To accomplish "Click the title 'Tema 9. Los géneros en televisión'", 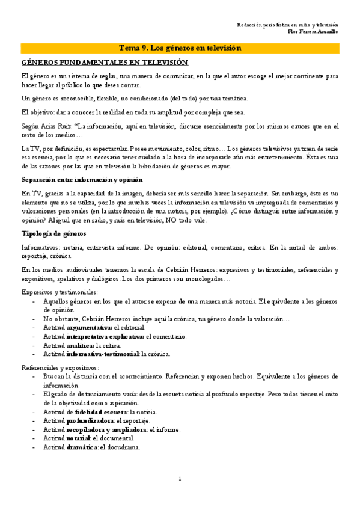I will pyautogui.click(x=180, y=48).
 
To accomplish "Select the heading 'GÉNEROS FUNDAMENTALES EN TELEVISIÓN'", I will pyautogui.click(x=105, y=63).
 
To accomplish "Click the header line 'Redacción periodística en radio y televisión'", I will pyautogui.click(x=287, y=24).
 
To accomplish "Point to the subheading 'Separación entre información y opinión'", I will pyautogui.click(x=82, y=180).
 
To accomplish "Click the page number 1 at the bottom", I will pyautogui.click(x=180, y=478).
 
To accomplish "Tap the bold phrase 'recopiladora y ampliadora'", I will pyautogui.click(x=106, y=430).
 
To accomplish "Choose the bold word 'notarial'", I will pyautogui.click(x=78, y=438).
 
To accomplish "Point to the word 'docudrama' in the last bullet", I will pyautogui.click(x=124, y=447).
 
